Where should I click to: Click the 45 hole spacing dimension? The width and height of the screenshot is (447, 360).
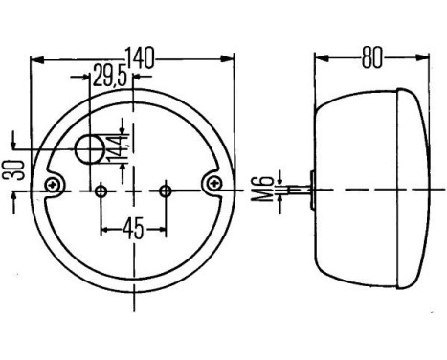[x=132, y=229]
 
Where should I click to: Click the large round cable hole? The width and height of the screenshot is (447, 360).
[x=92, y=150]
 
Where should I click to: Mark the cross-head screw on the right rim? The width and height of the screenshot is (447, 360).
[x=214, y=182]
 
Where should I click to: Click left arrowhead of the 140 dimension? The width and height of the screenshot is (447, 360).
[x=36, y=58]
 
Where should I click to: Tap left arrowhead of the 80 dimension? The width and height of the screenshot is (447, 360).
[x=321, y=58]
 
